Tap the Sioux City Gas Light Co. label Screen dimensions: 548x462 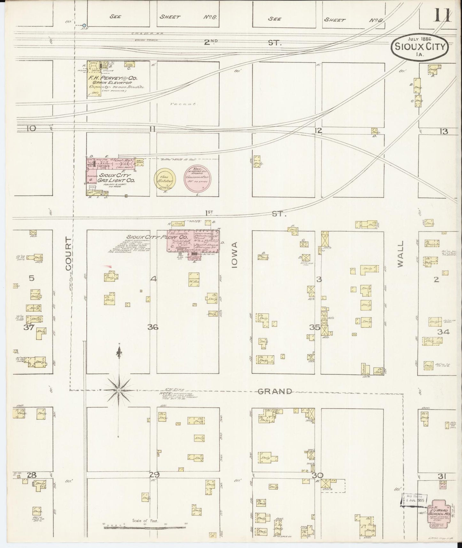117,178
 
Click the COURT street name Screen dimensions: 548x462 68,254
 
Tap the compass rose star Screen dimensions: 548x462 119,390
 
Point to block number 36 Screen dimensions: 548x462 153,327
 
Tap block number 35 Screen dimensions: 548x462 315,327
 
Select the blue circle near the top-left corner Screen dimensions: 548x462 84,25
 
